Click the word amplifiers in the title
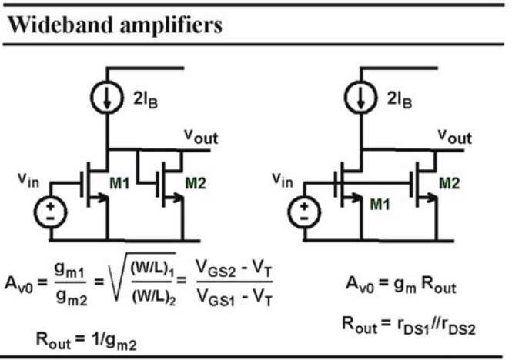171,26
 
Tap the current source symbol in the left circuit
107,97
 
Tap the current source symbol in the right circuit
361,97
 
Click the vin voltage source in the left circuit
51,212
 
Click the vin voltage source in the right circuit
304,212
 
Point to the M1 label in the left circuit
119,183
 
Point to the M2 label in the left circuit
196,183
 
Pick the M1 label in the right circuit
380,205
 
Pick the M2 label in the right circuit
450,183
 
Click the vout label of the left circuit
201,136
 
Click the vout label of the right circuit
455,136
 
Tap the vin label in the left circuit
28,180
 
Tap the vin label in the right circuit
283,180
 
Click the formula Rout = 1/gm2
86,341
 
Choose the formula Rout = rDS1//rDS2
409,325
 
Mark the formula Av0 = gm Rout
401,285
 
